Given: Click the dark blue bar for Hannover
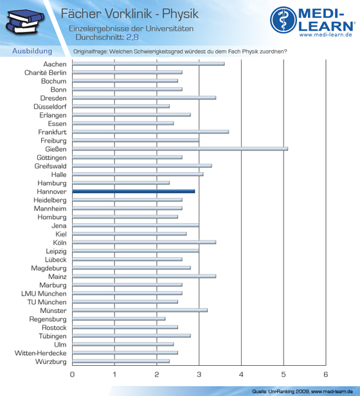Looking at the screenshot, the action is click(x=133, y=192).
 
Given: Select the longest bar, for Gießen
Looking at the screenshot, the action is click(x=180, y=149).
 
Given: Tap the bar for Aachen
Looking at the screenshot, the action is click(x=148, y=64).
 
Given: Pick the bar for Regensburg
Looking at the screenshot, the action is click(x=119, y=319).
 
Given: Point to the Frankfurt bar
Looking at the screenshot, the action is click(x=150, y=132).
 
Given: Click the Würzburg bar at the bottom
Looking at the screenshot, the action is click(x=121, y=361).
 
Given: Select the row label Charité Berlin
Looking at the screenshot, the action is click(x=46, y=73).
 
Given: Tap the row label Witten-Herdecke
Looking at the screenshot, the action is click(x=40, y=353).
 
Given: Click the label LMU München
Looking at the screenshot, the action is click(x=44, y=294).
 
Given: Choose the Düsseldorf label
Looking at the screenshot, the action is click(x=50, y=107).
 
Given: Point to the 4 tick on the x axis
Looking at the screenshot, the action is click(x=241, y=374).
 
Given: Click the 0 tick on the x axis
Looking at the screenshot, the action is click(x=72, y=374).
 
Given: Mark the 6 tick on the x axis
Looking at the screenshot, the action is click(x=326, y=374).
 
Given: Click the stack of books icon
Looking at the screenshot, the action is click(x=25, y=22).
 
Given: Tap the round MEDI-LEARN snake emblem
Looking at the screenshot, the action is click(x=283, y=20).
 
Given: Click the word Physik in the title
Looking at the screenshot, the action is click(x=180, y=14).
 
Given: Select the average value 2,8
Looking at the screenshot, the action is click(x=132, y=37).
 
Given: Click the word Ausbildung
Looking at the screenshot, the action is click(x=32, y=51).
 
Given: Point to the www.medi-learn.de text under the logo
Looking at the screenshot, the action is click(x=326, y=35).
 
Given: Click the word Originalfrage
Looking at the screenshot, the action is click(x=91, y=51).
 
